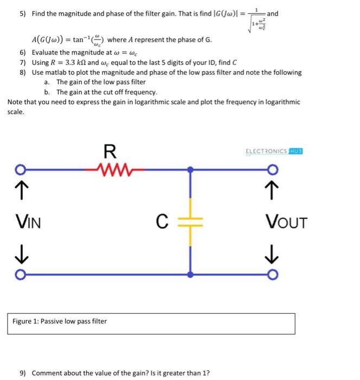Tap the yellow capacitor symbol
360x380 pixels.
pos(190,221)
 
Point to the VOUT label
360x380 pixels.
pos(286,222)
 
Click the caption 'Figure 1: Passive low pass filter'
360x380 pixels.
pos(60,321)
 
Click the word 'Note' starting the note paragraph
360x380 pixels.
pos(15,102)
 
